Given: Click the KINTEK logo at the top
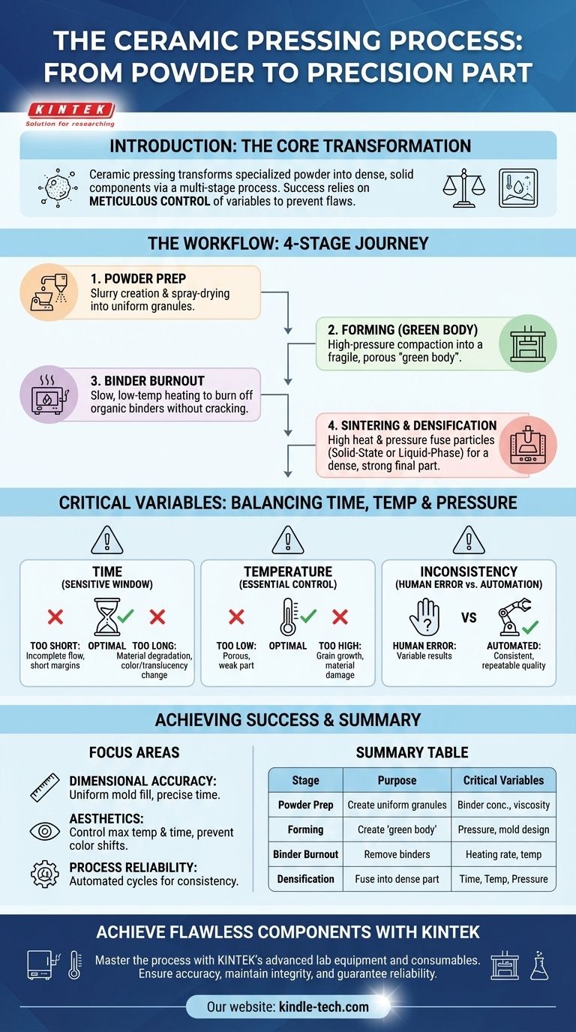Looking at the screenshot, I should (x=69, y=109).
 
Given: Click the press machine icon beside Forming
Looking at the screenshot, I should (x=526, y=342).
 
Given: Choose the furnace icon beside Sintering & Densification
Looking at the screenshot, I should (x=526, y=445).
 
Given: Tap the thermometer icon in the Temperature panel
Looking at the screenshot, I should (x=287, y=616).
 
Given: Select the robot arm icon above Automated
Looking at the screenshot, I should (x=517, y=617).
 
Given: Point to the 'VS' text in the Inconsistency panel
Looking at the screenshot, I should (x=469, y=618).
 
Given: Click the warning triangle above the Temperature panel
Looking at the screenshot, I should (x=288, y=539).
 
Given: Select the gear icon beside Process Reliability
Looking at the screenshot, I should (x=44, y=874).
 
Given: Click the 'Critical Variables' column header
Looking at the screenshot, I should (x=503, y=780).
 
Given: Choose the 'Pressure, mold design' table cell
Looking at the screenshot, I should (x=503, y=829).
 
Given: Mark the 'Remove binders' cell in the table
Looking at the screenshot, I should (x=397, y=854).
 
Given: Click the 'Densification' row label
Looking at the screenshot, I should (x=305, y=878).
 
